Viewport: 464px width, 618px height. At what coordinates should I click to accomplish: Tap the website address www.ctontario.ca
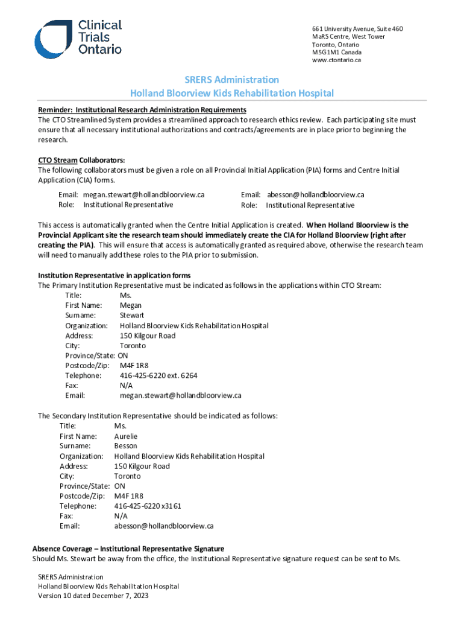(x=336, y=60)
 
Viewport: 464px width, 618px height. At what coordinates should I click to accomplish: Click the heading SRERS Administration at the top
(x=232, y=80)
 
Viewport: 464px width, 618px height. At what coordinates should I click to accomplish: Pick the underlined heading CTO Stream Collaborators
(x=81, y=160)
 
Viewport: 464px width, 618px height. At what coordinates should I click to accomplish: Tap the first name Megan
(x=131, y=305)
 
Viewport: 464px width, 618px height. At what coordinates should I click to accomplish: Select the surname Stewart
(x=132, y=315)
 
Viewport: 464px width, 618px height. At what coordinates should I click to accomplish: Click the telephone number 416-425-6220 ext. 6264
(x=158, y=375)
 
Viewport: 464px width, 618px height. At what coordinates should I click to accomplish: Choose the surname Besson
(x=125, y=446)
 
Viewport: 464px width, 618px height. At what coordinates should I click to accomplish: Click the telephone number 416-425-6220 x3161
(x=148, y=506)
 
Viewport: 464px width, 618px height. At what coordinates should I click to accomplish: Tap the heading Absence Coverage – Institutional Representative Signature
(x=128, y=549)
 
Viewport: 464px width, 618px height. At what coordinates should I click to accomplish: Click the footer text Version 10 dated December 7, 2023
(x=93, y=596)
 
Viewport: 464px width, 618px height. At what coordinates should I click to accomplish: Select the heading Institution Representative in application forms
(x=114, y=275)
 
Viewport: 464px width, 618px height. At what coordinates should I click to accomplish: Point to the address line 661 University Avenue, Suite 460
(x=357, y=29)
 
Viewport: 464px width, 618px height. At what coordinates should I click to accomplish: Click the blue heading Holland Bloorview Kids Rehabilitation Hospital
(x=232, y=93)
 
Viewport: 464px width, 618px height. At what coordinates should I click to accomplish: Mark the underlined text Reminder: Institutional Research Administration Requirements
(x=142, y=109)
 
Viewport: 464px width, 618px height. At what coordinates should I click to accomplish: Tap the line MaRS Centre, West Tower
(x=348, y=37)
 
